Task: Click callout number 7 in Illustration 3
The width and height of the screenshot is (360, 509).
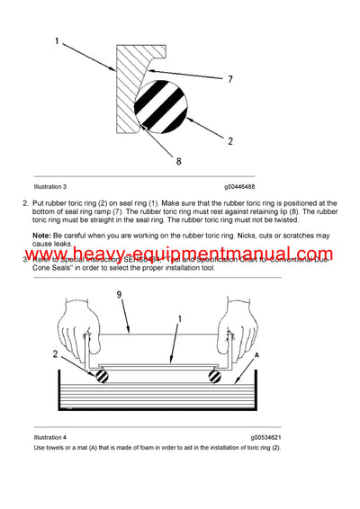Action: [230, 79]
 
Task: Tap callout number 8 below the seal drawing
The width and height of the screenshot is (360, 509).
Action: [178, 162]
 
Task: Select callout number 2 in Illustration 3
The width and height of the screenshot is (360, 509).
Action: [230, 141]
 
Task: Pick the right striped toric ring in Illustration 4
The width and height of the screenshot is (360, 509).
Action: [217, 375]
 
